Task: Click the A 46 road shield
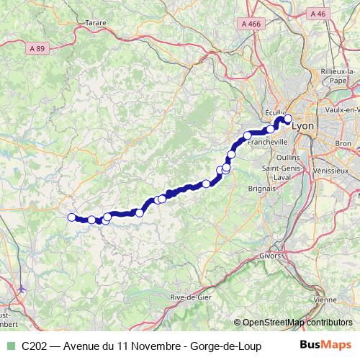(317, 14)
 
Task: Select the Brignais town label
(261, 187)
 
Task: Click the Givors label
(270, 255)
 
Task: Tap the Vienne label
(325, 300)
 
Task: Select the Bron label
(343, 144)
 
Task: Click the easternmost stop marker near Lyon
(288, 120)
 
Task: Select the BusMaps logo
(325, 345)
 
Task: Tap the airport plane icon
(21, 289)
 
